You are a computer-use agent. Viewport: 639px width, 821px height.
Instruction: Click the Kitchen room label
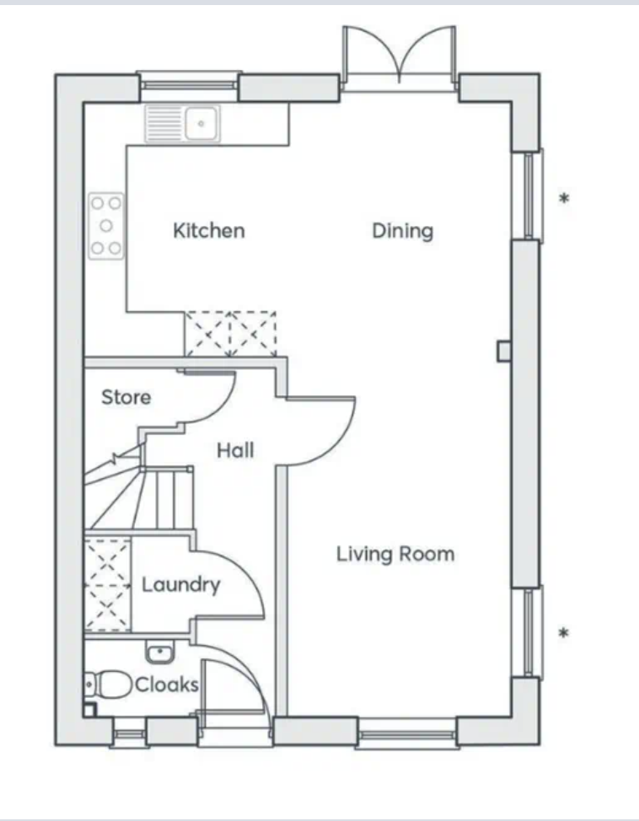(x=209, y=230)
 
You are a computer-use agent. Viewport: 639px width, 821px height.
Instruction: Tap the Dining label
(x=403, y=231)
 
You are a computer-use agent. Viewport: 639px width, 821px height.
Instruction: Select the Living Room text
(x=395, y=554)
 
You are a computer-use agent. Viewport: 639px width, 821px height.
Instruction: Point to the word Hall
(x=236, y=450)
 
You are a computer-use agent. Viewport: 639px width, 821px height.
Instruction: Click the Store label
(x=126, y=397)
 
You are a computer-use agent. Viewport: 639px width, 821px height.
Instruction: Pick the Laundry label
(x=180, y=585)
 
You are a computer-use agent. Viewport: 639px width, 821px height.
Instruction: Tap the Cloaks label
(x=167, y=684)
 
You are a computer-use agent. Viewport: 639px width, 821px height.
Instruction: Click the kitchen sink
(x=183, y=124)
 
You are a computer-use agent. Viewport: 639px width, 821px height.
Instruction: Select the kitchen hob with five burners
(x=106, y=226)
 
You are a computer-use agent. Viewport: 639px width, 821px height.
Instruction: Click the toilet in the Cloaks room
(x=108, y=684)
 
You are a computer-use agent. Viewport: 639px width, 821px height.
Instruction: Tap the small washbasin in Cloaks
(x=160, y=652)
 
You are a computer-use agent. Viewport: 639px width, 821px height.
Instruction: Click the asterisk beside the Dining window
(x=564, y=198)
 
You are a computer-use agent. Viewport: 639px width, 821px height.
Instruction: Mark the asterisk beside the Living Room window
(x=564, y=633)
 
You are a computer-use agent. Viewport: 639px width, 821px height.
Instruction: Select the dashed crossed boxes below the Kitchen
(x=230, y=334)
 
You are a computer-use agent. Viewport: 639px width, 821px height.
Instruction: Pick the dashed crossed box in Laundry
(x=107, y=585)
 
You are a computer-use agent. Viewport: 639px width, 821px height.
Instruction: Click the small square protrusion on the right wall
(x=504, y=351)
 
